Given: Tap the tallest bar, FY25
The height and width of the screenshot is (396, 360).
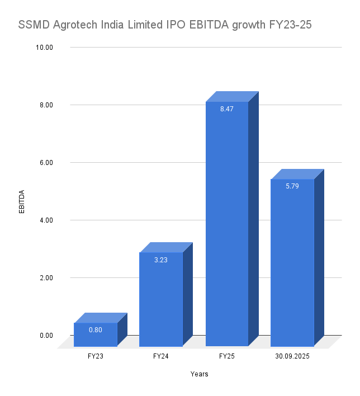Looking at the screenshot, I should (226, 224).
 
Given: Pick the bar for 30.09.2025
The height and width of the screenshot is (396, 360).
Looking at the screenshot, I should (292, 263).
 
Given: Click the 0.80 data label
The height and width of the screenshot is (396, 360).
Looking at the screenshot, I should (96, 329).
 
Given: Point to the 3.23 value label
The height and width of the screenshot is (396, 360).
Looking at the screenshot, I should (161, 260).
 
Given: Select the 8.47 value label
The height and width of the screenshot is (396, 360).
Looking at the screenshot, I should (226, 109).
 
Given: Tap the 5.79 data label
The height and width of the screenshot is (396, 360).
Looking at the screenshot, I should (292, 186).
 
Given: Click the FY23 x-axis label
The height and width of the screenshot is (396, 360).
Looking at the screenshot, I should (96, 356).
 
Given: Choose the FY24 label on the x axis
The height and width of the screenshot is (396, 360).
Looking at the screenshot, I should (161, 356).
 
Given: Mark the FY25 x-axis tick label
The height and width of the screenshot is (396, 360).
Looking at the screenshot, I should (226, 356).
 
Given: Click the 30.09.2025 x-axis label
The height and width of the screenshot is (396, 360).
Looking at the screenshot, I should (292, 356).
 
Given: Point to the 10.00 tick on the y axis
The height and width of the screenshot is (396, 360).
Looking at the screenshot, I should (44, 48).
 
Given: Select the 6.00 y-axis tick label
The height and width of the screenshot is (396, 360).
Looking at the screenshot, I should (45, 163).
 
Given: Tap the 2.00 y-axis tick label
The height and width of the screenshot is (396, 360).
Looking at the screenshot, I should (45, 278).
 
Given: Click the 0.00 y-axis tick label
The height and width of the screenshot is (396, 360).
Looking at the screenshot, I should (45, 336).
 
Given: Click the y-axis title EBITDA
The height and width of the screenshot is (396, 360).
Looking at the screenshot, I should (22, 202).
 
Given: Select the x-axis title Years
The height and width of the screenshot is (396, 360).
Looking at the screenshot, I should (199, 374).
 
